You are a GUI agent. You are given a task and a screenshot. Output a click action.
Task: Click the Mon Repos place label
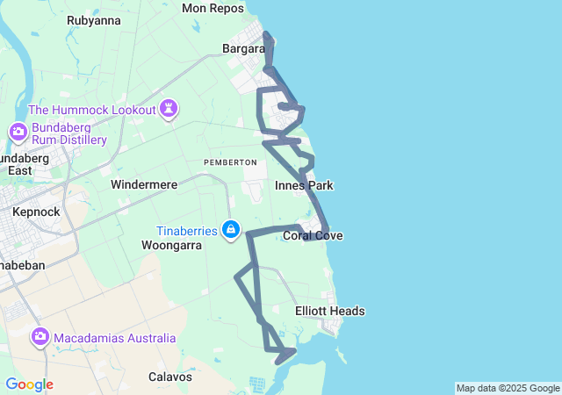(x=212, y=8)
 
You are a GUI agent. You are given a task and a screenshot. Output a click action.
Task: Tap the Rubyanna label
(x=94, y=20)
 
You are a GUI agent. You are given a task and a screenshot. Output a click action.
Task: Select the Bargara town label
(x=243, y=49)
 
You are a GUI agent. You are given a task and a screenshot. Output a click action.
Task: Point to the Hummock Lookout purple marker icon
(x=168, y=109)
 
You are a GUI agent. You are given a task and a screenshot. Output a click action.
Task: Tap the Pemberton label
(x=230, y=162)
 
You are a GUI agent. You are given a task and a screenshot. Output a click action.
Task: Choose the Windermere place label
(x=144, y=185)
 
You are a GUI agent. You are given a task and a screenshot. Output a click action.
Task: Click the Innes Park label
(x=304, y=186)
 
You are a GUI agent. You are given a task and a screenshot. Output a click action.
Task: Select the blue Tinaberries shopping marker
(x=230, y=230)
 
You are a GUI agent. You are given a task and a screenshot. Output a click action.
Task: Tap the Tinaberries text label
(x=187, y=231)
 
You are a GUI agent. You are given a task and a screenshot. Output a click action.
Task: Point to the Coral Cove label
(x=313, y=236)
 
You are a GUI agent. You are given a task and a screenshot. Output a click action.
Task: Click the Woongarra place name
(x=172, y=246)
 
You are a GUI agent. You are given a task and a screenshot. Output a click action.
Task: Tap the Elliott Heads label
(x=329, y=312)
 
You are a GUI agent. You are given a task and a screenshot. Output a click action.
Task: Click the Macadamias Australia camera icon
(x=40, y=337)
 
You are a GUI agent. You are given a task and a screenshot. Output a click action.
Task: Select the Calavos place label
(x=170, y=377)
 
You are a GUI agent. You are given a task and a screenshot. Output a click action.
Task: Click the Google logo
(x=29, y=384)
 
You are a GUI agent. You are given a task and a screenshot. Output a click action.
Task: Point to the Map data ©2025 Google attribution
(x=508, y=388)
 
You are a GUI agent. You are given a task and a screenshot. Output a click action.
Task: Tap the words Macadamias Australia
(x=114, y=338)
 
